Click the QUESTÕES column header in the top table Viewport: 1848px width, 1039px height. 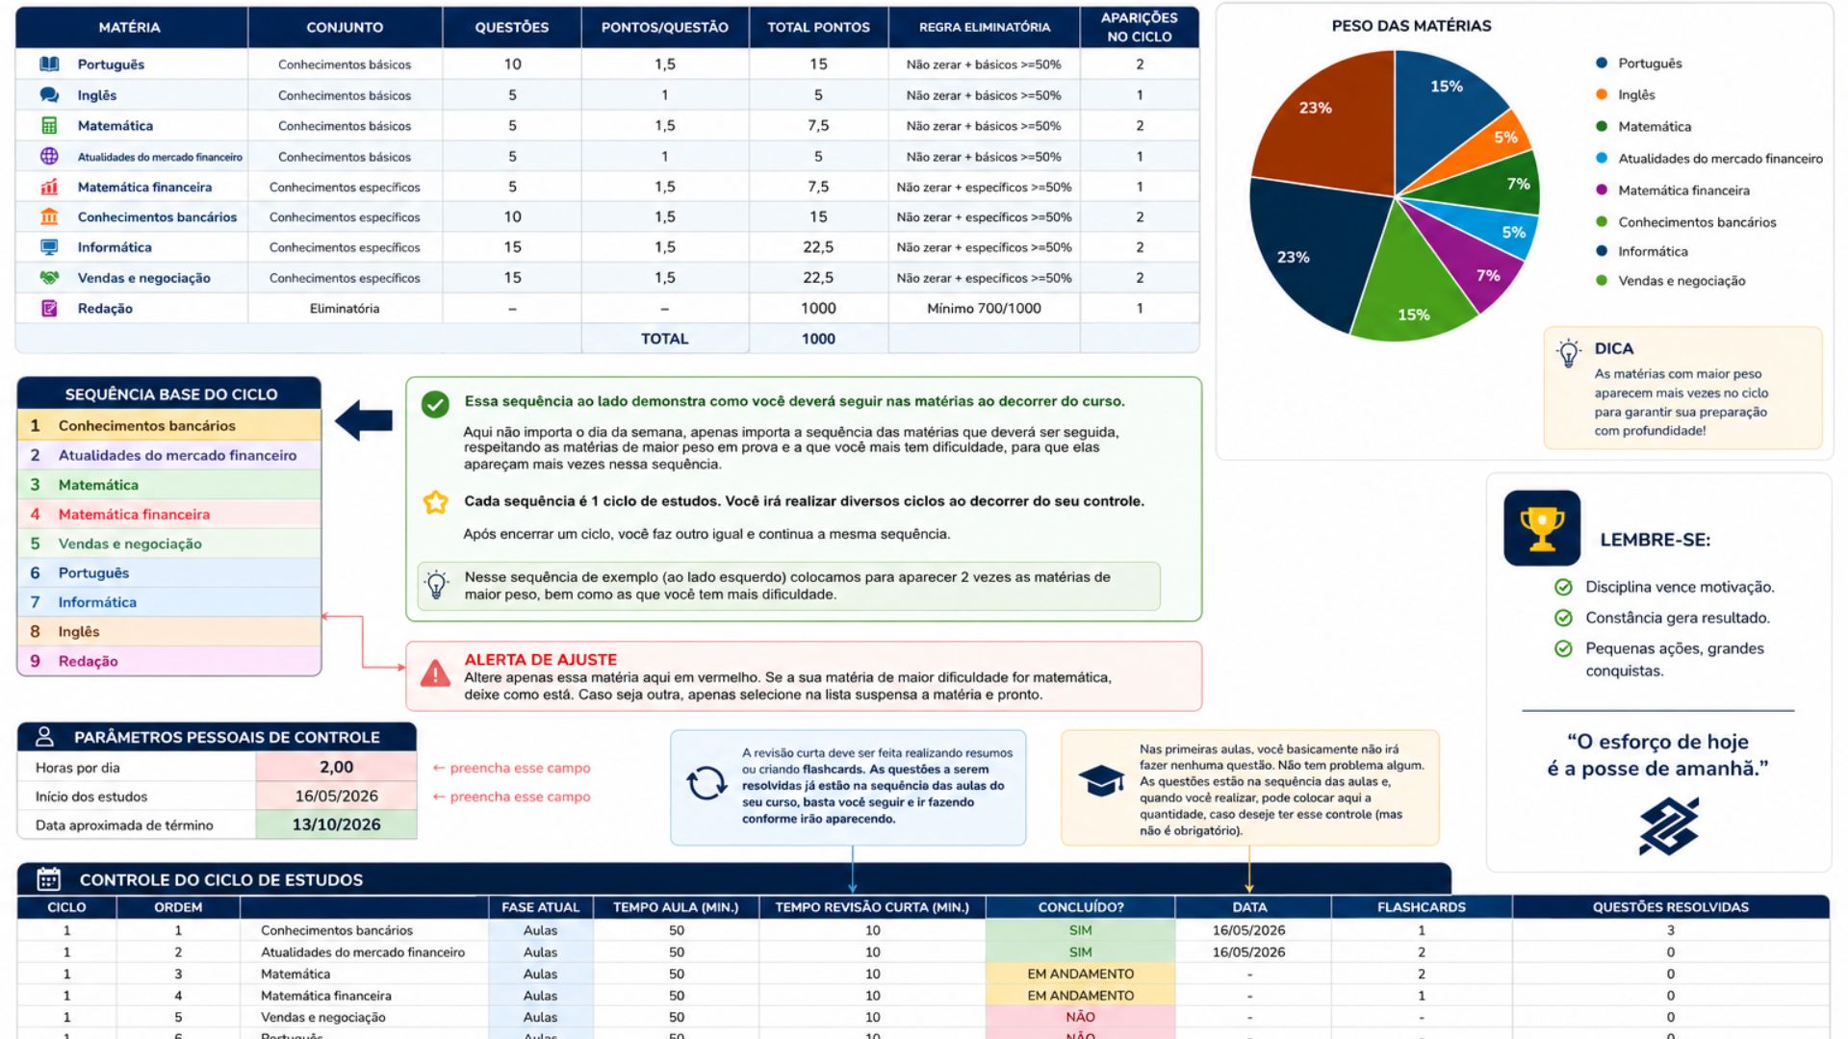[511, 27]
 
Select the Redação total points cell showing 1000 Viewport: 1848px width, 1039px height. [818, 308]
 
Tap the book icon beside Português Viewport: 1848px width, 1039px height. [49, 64]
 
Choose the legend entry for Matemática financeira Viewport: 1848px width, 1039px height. [1683, 190]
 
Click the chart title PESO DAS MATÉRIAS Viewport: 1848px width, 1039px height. [1411, 26]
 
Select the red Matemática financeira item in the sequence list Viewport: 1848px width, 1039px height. [134, 514]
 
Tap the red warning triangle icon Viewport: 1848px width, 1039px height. [435, 673]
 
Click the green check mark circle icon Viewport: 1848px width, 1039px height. [435, 404]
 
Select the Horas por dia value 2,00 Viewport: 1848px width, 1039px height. [336, 767]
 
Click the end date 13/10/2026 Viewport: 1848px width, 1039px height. [336, 824]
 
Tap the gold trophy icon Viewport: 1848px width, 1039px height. [1542, 528]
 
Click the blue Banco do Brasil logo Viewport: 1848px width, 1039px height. [1668, 826]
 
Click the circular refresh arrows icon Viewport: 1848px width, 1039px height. [706, 783]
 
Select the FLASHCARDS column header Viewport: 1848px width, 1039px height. [1421, 907]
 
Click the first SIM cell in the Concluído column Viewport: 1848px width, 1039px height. [1080, 930]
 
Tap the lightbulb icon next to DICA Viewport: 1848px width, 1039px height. [1569, 353]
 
